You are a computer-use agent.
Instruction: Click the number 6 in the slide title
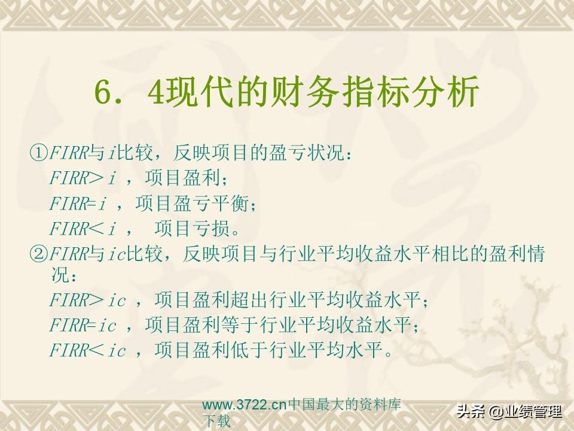[x=103, y=92]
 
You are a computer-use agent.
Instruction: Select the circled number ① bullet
[x=38, y=153]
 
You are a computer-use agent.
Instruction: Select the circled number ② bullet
[x=38, y=254]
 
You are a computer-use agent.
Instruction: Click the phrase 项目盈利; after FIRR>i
[x=186, y=178]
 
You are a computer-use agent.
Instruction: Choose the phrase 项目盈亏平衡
[x=192, y=203]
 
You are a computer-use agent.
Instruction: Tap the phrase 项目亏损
[x=192, y=228]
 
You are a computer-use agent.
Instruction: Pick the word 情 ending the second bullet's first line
[x=536, y=254]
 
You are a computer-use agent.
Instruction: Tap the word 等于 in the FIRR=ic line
[x=240, y=325]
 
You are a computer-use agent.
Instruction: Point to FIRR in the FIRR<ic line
[x=69, y=350]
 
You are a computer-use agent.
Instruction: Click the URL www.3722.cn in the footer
[x=245, y=405]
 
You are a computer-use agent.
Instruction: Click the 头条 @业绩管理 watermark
[x=509, y=412]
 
